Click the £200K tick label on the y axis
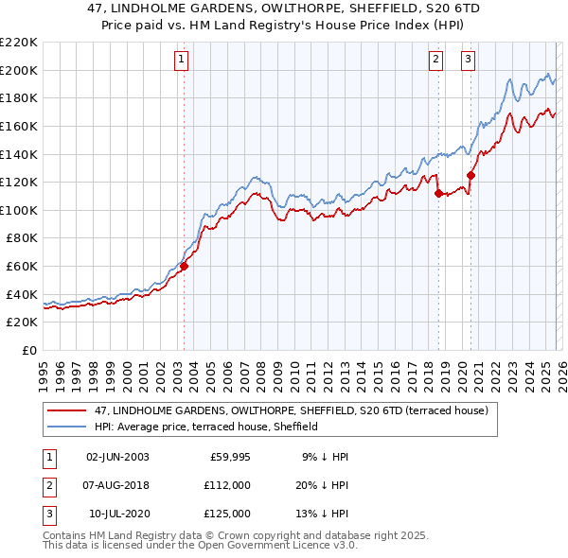(x=19, y=70)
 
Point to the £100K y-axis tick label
(x=19, y=210)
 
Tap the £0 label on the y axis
(x=28, y=351)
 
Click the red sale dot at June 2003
(x=184, y=267)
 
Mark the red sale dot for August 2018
(x=438, y=193)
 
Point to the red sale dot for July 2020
(x=470, y=175)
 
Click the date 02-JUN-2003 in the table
(x=117, y=457)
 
